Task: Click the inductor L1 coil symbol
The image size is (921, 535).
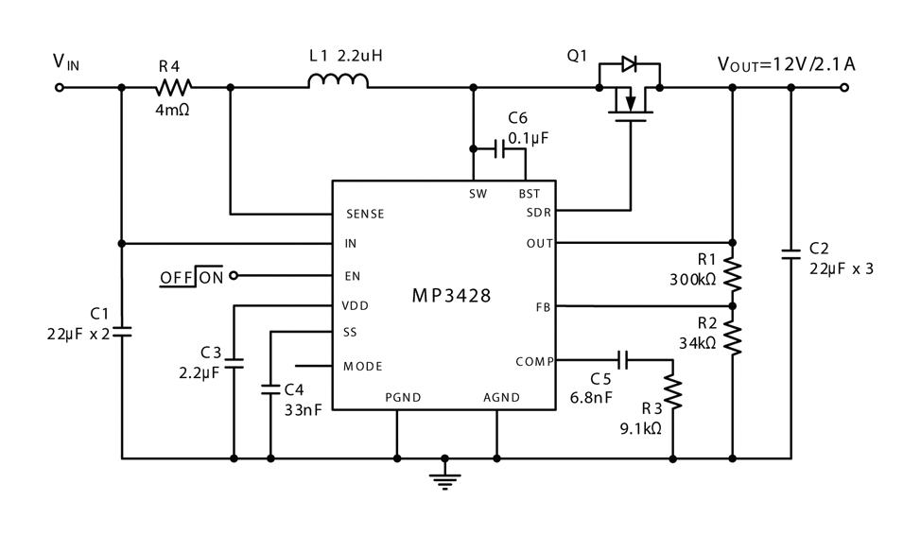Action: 339,80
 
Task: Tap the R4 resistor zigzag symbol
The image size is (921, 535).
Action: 173,88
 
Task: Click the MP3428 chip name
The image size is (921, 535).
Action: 451,296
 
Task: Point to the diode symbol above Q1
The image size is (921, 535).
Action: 629,63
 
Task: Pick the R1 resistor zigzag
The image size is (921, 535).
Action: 733,274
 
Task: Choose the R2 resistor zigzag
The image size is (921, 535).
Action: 733,337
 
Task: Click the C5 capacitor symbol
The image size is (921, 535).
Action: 623,359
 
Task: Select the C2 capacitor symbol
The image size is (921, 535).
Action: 791,253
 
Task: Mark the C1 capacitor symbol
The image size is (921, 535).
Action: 122,332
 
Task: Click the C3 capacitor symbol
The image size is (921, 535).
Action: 234,363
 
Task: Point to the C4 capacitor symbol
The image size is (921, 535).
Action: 270,388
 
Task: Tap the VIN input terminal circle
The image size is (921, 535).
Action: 59,88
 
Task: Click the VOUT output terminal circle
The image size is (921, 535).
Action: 844,88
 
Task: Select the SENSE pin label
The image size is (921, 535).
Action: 365,215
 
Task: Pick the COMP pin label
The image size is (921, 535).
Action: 534,362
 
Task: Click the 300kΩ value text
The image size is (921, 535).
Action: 693,280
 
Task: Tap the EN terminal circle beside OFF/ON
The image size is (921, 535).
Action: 234,275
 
